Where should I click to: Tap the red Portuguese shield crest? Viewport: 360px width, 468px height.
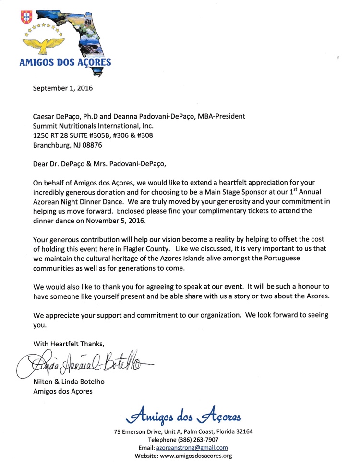click(x=25, y=18)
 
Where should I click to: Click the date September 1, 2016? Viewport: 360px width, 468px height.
click(x=62, y=88)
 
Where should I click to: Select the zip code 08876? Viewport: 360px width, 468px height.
click(x=90, y=144)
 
